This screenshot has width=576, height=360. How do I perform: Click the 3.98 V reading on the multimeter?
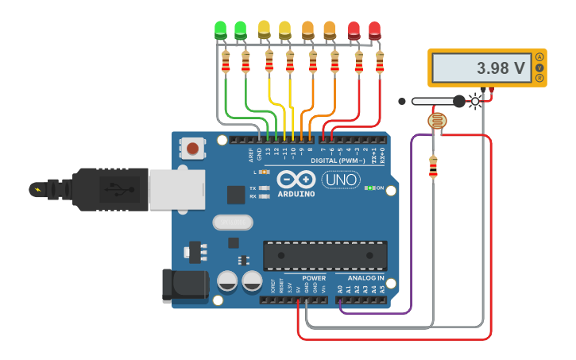click(x=501, y=68)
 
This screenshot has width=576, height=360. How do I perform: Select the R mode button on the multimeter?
click(x=540, y=78)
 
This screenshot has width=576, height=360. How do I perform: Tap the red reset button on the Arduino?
click(x=192, y=147)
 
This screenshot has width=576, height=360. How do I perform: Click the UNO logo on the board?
click(x=340, y=180)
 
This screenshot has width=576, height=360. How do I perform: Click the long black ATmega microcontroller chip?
click(x=325, y=255)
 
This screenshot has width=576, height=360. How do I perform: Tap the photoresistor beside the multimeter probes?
click(x=437, y=121)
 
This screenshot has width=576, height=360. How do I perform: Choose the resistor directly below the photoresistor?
click(x=433, y=167)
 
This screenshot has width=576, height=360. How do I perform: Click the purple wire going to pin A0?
click(x=412, y=230)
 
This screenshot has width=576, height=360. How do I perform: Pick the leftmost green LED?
click(x=221, y=30)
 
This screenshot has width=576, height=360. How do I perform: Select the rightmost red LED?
click(x=374, y=30)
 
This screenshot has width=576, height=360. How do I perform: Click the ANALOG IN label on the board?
click(x=365, y=278)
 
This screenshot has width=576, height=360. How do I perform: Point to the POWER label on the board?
click(x=313, y=278)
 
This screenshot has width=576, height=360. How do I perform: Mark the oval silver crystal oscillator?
click(x=232, y=223)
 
